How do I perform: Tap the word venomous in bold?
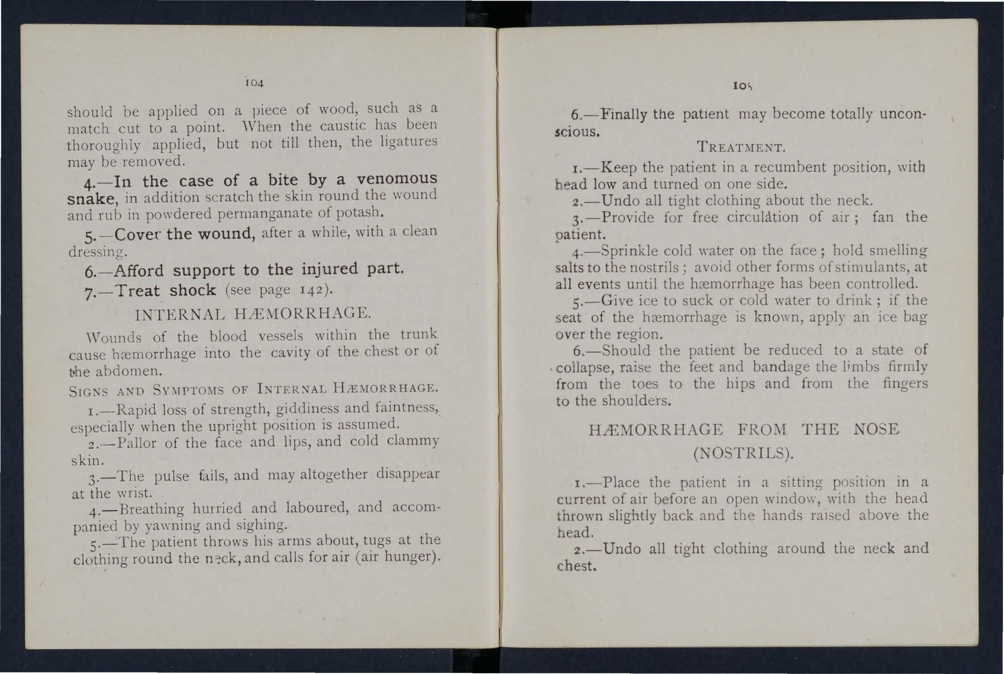tap(397, 178)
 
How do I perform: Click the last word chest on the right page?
tap(576, 566)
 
